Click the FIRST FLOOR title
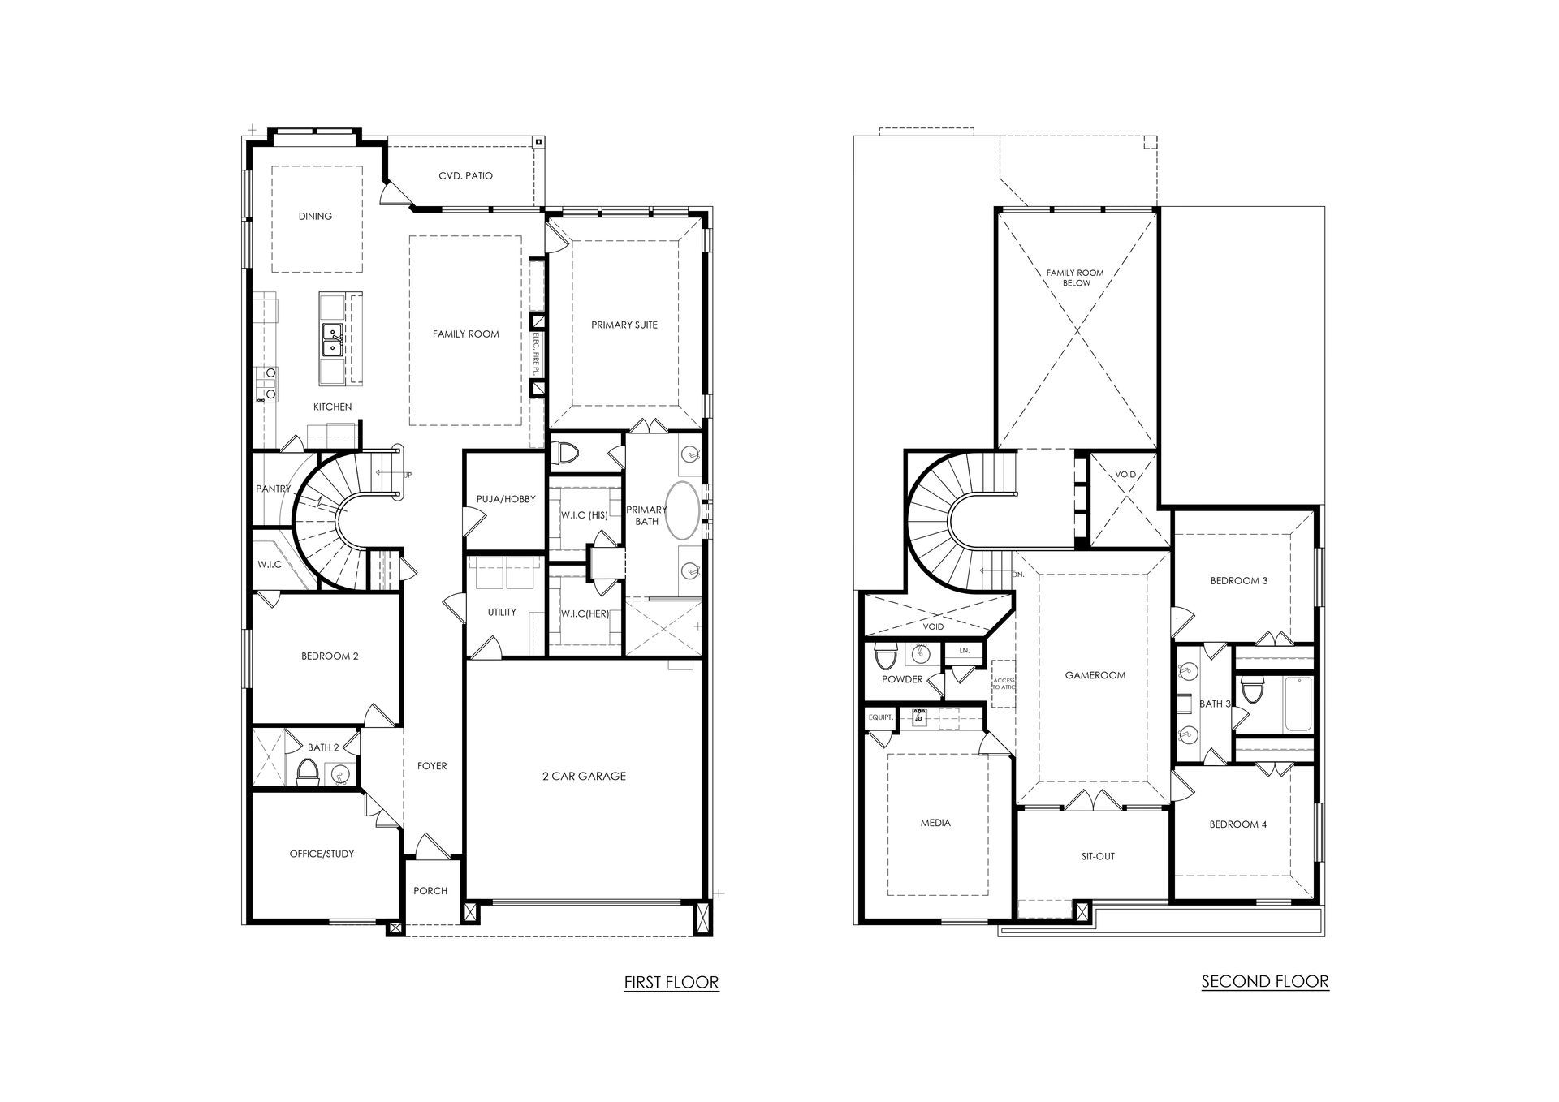pos(671,982)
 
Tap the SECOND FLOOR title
pos(1265,981)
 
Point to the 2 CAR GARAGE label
pos(584,776)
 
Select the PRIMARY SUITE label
pos(624,325)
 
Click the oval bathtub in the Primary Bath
pos(681,511)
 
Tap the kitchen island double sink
pos(332,340)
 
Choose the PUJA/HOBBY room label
pos(506,499)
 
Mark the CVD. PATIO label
pos(465,175)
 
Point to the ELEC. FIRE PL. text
pos(536,352)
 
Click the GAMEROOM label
pos(1095,675)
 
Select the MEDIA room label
pos(935,823)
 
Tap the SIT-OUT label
pos(1098,856)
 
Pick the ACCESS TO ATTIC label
pos(1004,683)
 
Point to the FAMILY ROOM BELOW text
pos(1076,278)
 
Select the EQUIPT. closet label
pos(881,717)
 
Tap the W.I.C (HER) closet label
pos(585,613)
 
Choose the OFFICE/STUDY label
pos(322,854)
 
